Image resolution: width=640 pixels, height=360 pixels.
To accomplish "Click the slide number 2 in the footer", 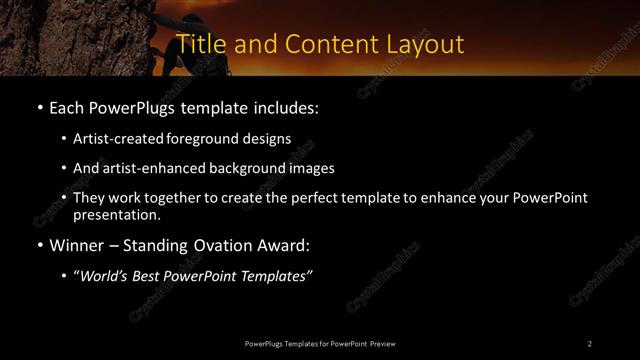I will pos(590,343).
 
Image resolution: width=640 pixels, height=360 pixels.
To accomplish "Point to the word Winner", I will pos(79,243).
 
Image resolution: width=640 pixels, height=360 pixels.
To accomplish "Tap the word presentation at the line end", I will pos(116,214).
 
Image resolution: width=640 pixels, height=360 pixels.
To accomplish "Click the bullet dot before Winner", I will pos(38,243).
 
